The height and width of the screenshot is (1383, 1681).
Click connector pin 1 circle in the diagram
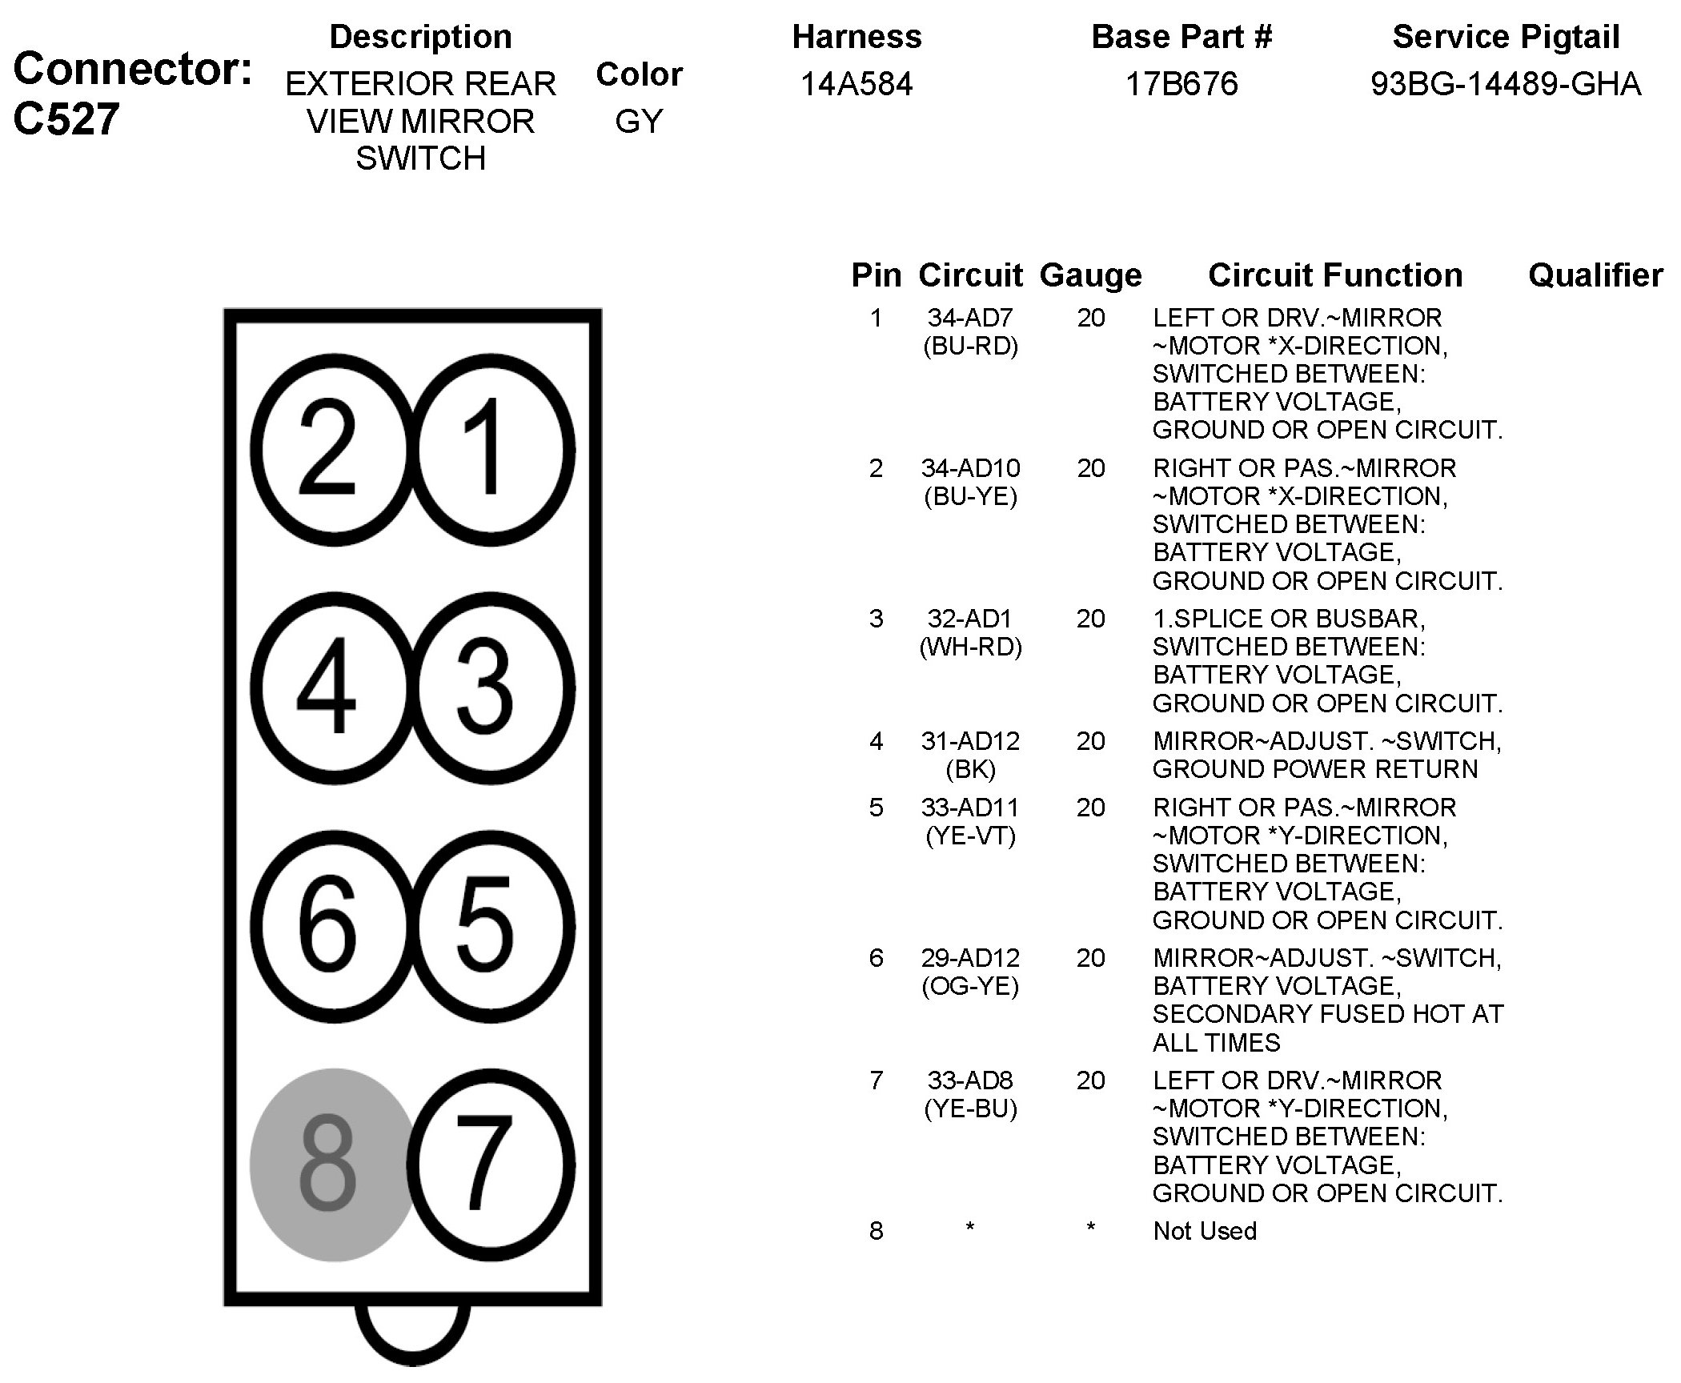point(491,449)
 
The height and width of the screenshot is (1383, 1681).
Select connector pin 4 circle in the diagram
point(334,687)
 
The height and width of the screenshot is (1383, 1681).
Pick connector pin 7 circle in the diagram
point(491,1165)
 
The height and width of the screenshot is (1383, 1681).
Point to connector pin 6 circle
point(334,926)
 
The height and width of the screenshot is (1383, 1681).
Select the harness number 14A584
point(857,84)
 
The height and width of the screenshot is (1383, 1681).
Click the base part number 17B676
point(1182,84)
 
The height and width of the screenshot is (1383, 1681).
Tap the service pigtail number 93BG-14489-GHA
point(1506,84)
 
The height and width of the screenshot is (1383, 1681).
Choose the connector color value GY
point(639,122)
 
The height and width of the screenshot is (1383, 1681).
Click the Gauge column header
point(1090,275)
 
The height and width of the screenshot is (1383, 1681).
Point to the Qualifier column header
point(1595,275)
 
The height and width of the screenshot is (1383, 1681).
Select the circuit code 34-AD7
point(970,319)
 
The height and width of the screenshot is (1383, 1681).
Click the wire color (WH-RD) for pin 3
point(970,647)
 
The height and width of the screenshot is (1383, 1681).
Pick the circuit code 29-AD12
point(970,958)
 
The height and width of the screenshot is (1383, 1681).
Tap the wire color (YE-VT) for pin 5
point(970,836)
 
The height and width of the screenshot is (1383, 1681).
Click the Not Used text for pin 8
point(1205,1231)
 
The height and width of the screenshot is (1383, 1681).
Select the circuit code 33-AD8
point(970,1080)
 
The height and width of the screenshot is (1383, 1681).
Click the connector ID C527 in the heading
point(66,118)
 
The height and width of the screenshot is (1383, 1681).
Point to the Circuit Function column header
point(1334,275)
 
